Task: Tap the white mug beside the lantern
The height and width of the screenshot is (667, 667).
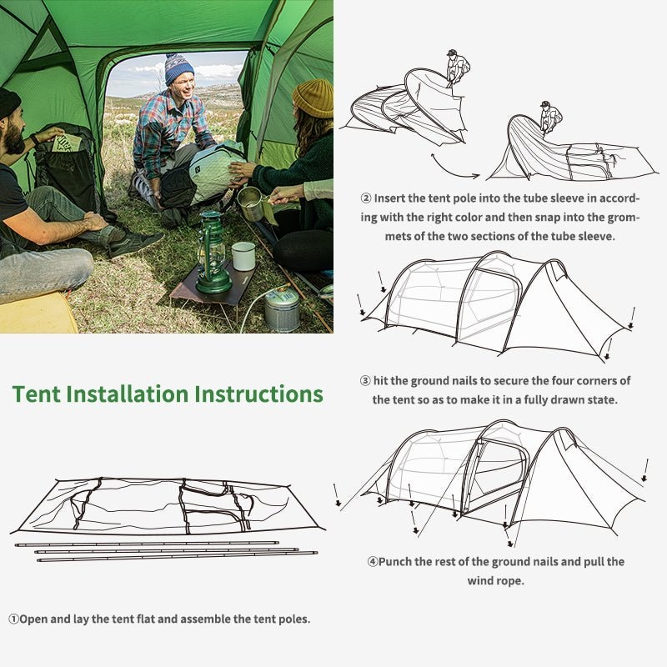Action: pos(243,255)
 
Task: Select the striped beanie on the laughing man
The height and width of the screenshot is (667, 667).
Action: pos(178,68)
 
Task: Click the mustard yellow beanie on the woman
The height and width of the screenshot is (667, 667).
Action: pos(313,98)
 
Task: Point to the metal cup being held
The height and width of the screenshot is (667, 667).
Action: pos(250,203)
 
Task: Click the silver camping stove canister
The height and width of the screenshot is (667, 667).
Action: pos(282,309)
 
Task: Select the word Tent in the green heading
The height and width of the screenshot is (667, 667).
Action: pos(35,394)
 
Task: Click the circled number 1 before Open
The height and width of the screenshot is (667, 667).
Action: pos(14,619)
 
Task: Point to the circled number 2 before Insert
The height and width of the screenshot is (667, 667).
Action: pos(365,198)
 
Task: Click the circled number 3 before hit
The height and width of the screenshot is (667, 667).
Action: pos(365,381)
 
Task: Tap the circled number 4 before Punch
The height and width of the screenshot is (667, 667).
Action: pos(373,562)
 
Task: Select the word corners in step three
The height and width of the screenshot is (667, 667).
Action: pos(575,381)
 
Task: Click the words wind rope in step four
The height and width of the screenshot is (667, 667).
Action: pos(495,580)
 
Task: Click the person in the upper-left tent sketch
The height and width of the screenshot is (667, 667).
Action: pos(457,67)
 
